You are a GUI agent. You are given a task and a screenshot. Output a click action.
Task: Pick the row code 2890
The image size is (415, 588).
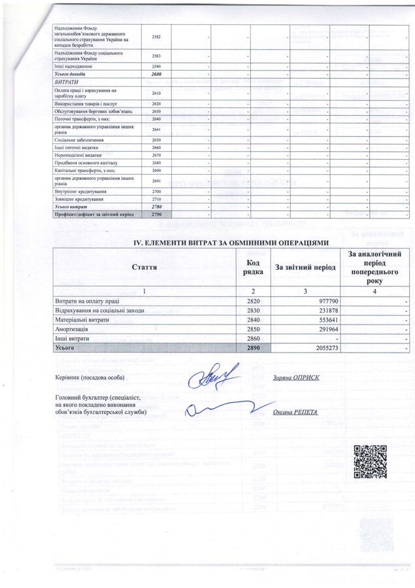tap(254, 349)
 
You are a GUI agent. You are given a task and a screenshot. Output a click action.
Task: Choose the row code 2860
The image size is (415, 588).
tap(254, 339)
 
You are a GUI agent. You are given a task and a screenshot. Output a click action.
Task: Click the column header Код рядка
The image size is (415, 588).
tap(254, 267)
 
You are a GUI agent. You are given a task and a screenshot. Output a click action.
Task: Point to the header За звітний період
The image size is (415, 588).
tap(305, 267)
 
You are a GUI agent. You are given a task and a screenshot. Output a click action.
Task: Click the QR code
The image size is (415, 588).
tap(366, 461)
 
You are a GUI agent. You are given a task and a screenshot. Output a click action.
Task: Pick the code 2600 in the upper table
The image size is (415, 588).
tap(156, 75)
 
